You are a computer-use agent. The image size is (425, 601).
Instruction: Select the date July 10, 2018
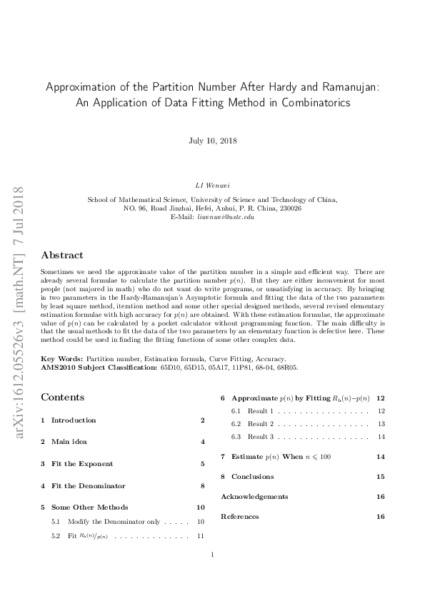(212, 141)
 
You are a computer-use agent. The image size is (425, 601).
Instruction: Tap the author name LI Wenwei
(212, 186)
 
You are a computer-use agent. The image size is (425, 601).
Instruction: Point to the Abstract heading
(62, 255)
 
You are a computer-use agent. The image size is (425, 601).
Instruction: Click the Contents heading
(63, 397)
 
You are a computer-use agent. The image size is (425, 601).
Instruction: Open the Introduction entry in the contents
(74, 420)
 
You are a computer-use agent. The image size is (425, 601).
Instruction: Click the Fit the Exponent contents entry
(82, 464)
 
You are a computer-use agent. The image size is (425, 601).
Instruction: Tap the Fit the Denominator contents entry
(88, 486)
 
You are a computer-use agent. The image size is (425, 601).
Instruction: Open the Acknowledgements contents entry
(254, 496)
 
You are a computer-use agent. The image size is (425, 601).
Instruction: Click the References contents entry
(240, 516)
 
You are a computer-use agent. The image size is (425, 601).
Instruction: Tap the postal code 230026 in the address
(290, 208)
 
